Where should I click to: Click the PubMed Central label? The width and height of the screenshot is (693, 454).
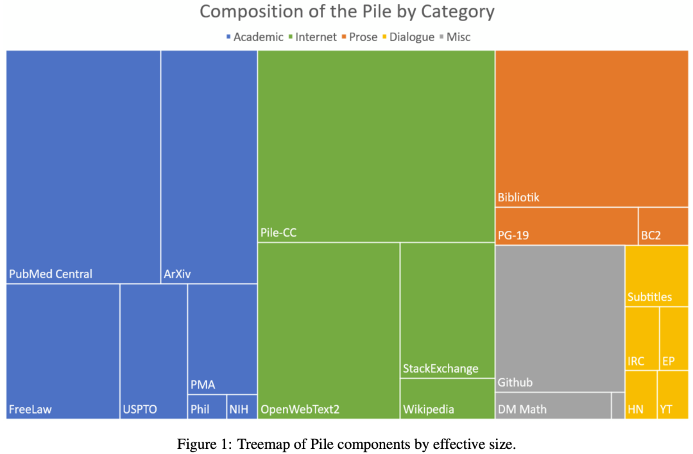tap(51, 274)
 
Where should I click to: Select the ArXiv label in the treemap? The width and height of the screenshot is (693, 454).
tap(177, 274)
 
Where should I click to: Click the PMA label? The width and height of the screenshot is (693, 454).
tap(203, 385)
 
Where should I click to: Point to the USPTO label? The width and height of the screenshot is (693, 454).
tap(139, 409)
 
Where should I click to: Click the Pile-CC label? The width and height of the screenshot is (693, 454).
tap(278, 233)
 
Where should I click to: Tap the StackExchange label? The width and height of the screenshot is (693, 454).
tap(441, 369)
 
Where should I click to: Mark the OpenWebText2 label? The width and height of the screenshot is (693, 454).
tap(300, 409)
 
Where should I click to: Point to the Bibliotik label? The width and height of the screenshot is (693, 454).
tap(518, 198)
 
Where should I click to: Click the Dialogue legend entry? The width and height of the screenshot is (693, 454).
tap(407, 37)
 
